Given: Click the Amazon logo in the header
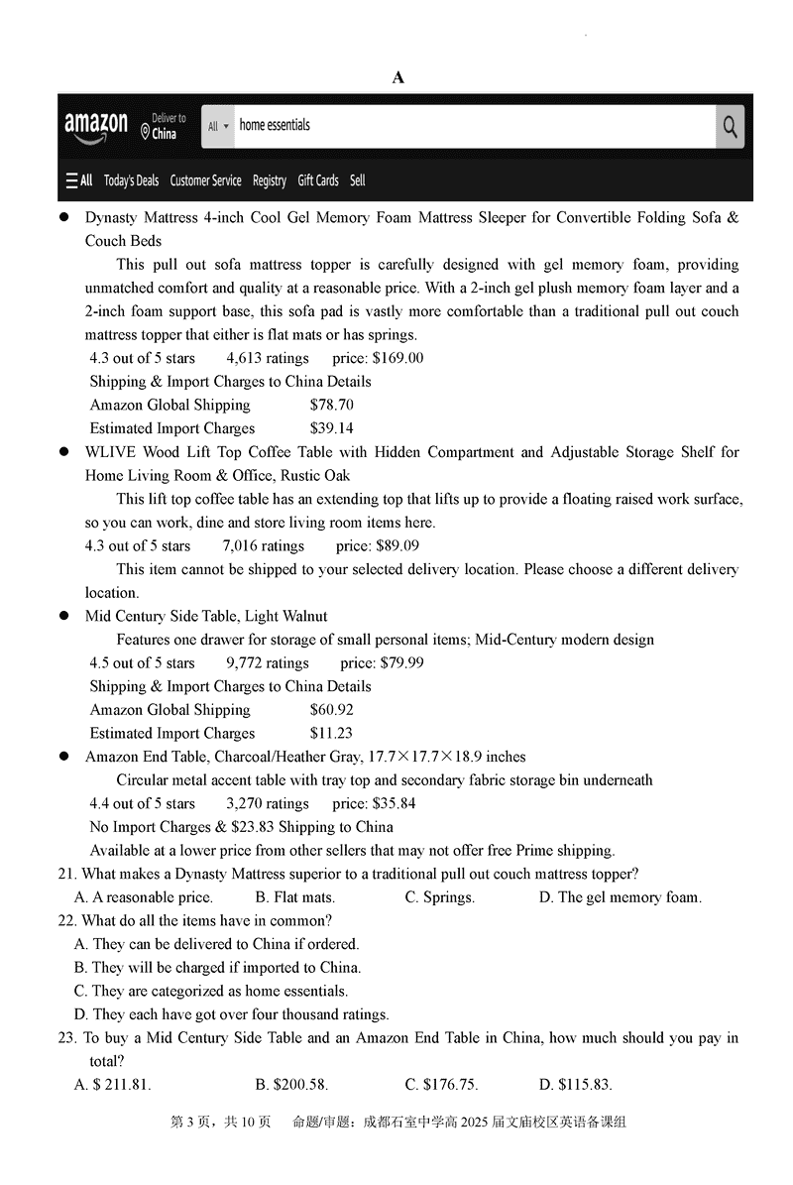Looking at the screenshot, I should tap(96, 126).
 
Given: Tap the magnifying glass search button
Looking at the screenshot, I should tap(730, 126).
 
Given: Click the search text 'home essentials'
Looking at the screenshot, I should tap(275, 126).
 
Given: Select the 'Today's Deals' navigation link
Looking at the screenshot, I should tap(131, 180).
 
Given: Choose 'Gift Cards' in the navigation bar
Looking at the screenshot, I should tap(318, 180).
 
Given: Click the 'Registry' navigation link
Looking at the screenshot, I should tap(270, 180).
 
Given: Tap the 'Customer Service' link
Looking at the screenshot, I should tap(205, 180).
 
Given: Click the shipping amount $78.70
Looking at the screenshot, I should tap(331, 405).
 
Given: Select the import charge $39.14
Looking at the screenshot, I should tap(331, 428).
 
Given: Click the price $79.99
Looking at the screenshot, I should tap(401, 662).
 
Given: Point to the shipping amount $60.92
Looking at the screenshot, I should tap(331, 710).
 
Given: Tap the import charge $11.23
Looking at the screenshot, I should tap(331, 734).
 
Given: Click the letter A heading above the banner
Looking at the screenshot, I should tap(398, 77).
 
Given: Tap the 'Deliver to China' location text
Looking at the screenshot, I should tap(164, 126).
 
